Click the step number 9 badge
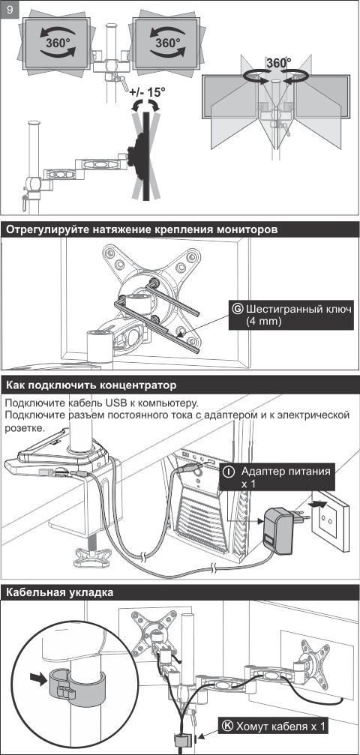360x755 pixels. (x=10, y=9)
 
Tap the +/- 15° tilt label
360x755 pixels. (x=146, y=92)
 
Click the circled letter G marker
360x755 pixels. (x=238, y=309)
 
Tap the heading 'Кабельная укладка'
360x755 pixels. (x=59, y=592)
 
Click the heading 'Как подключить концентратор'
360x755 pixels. (x=91, y=385)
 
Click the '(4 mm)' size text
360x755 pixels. (x=263, y=321)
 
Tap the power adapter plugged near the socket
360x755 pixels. (x=278, y=530)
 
